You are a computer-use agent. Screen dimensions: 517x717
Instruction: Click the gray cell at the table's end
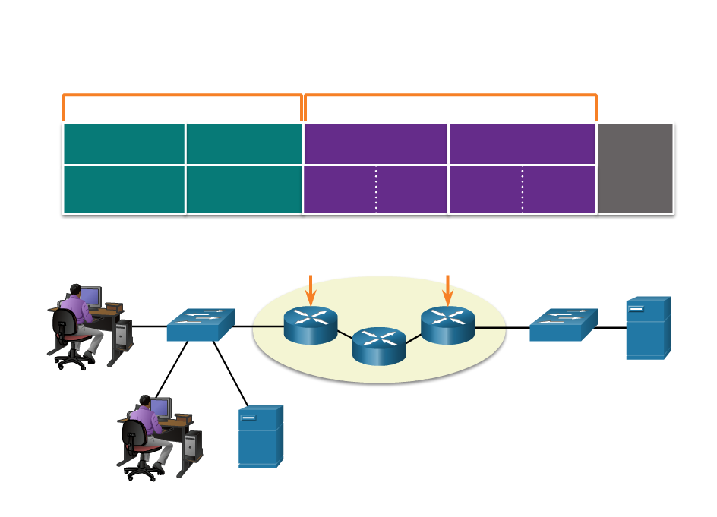click(x=635, y=168)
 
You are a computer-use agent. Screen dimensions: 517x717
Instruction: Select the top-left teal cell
click(x=124, y=143)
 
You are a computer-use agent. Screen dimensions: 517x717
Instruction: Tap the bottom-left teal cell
click(x=124, y=189)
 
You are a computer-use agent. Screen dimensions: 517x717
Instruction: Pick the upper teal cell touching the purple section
click(x=244, y=143)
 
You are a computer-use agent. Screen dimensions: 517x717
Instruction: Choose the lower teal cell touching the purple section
click(x=244, y=189)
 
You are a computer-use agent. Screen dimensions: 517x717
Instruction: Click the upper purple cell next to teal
click(x=375, y=143)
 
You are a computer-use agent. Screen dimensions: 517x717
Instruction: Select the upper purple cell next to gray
click(x=522, y=143)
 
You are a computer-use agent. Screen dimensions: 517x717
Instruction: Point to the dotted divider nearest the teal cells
click(x=376, y=189)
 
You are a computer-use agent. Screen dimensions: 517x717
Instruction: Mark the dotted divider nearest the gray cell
click(x=523, y=189)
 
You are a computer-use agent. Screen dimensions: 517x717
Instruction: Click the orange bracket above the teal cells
click(x=182, y=96)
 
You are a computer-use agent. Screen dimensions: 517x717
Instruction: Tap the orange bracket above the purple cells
click(x=450, y=96)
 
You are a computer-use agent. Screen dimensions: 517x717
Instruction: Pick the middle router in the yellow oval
click(x=379, y=346)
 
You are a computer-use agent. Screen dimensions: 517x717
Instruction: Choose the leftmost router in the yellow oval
click(x=311, y=325)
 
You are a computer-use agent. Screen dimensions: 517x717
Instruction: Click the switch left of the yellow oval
click(x=201, y=325)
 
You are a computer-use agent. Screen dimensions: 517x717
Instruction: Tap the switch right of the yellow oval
click(x=563, y=325)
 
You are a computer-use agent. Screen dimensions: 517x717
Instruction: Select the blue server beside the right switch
click(x=648, y=328)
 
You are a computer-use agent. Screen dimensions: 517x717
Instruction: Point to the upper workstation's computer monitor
click(x=90, y=296)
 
